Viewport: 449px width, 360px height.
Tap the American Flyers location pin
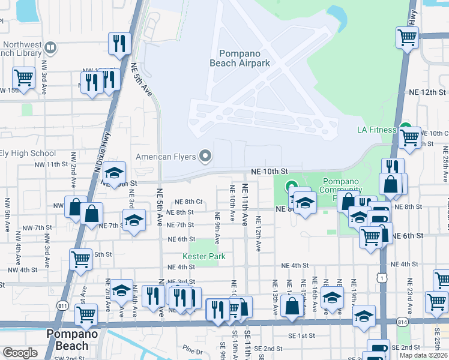pyautogui.click(x=205, y=157)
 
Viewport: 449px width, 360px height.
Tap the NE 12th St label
pyautogui.click(x=425, y=92)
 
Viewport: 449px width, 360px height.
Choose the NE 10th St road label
pyautogui.click(x=270, y=171)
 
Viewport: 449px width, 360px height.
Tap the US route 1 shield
pyautogui.click(x=381, y=278)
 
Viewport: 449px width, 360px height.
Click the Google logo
pyautogui.click(x=20, y=353)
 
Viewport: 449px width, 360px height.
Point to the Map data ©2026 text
pyautogui.click(x=423, y=355)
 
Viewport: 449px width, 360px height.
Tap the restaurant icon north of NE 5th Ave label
pyautogui.click(x=119, y=43)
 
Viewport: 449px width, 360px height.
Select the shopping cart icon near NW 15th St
pyautogui.click(x=23, y=77)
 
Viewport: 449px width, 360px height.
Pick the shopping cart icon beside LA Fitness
pyautogui.click(x=410, y=137)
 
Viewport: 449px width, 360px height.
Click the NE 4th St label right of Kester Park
pyautogui.click(x=298, y=265)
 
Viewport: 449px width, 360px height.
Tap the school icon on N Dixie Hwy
pyautogui.click(x=113, y=173)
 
